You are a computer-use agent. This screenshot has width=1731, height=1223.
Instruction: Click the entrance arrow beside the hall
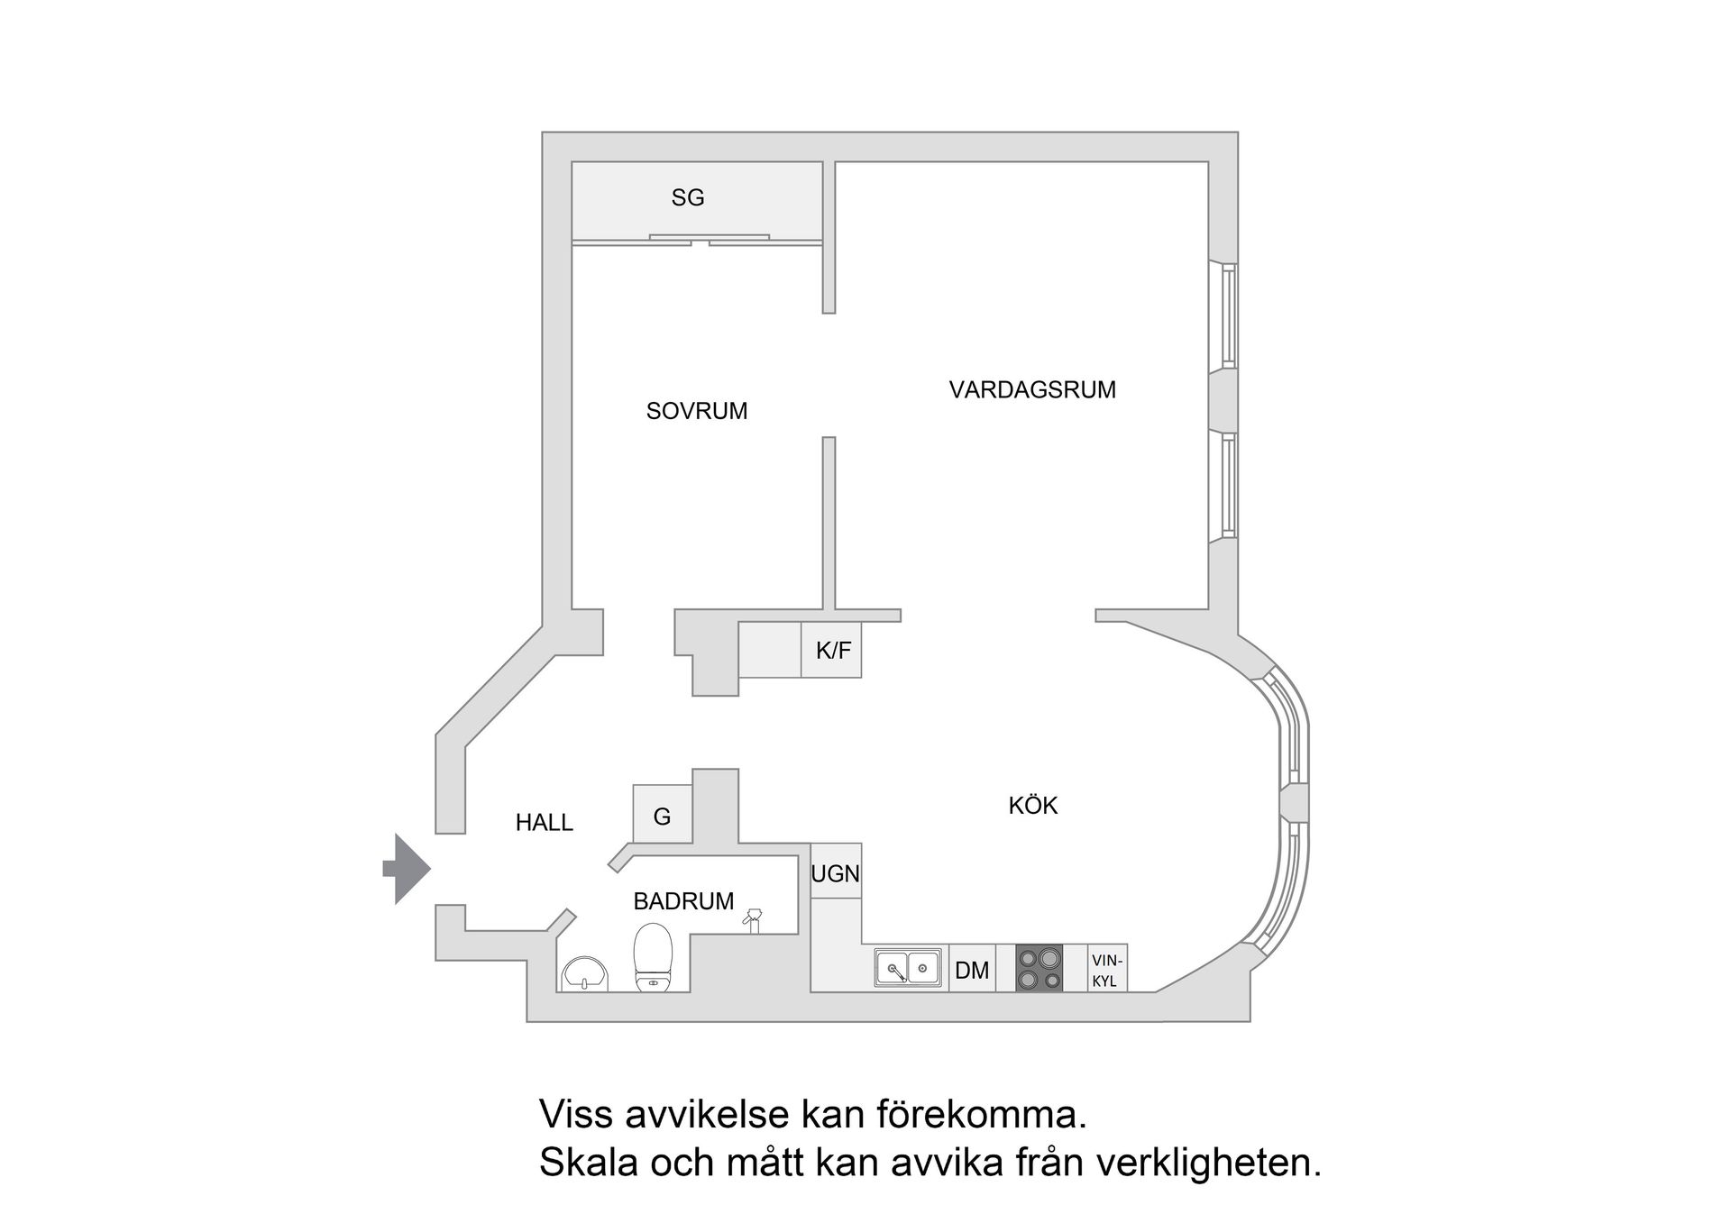click(x=408, y=869)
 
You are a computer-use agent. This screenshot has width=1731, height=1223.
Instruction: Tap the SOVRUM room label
click(x=697, y=411)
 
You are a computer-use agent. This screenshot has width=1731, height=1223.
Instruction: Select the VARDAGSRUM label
click(x=1032, y=390)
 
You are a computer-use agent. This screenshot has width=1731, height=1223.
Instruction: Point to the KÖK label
click(x=1032, y=805)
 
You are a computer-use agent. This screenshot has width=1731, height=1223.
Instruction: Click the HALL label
click(x=544, y=822)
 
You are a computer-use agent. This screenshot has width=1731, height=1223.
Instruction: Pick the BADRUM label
click(x=683, y=900)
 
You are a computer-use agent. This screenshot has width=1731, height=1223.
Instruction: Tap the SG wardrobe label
click(x=688, y=197)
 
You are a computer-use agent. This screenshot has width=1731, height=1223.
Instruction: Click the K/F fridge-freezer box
click(x=831, y=650)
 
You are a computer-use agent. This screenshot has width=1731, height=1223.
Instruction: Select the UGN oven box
click(x=836, y=872)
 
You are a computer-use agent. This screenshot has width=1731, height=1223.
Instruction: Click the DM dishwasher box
click(x=972, y=970)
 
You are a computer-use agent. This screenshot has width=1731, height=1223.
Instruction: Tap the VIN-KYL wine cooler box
click(x=1106, y=970)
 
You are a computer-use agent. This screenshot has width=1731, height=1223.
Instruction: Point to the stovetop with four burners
click(x=1040, y=969)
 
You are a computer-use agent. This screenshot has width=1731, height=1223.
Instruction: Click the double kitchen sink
click(x=908, y=968)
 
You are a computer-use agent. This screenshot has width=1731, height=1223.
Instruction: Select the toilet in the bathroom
click(x=654, y=957)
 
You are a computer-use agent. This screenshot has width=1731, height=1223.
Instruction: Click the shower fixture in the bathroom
click(x=753, y=919)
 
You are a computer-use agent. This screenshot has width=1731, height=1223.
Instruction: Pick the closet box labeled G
click(x=662, y=816)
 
